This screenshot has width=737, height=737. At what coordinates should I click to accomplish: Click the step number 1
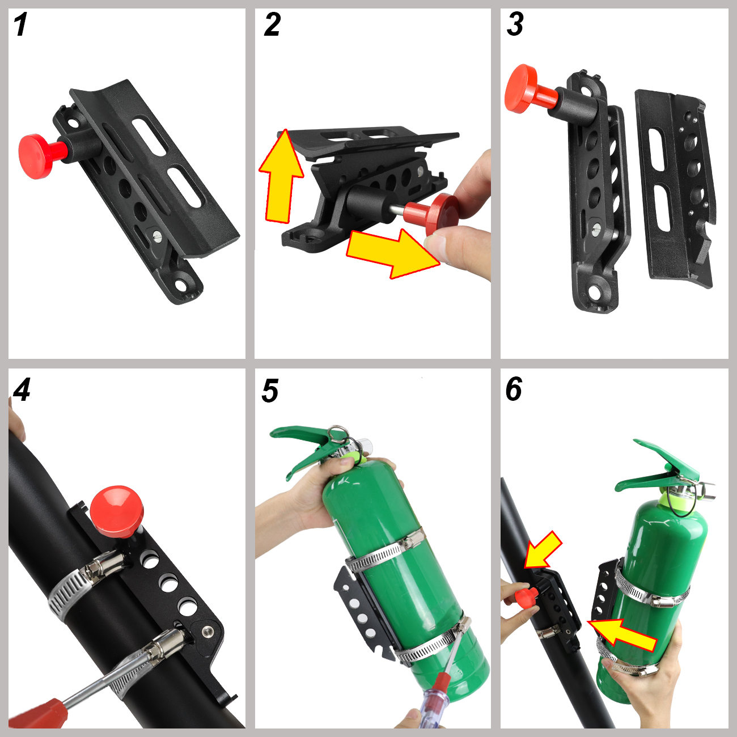(20, 24)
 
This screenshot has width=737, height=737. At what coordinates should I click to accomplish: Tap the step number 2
(272, 24)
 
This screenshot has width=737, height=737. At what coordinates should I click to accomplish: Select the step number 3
(515, 24)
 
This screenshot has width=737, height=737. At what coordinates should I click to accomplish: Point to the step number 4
(22, 390)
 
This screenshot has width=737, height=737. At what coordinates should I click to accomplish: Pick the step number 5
(270, 391)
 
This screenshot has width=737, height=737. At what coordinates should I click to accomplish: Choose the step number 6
(514, 389)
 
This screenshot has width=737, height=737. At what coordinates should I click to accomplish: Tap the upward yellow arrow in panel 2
(282, 176)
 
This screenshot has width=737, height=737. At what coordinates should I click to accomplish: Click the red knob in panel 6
(526, 599)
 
